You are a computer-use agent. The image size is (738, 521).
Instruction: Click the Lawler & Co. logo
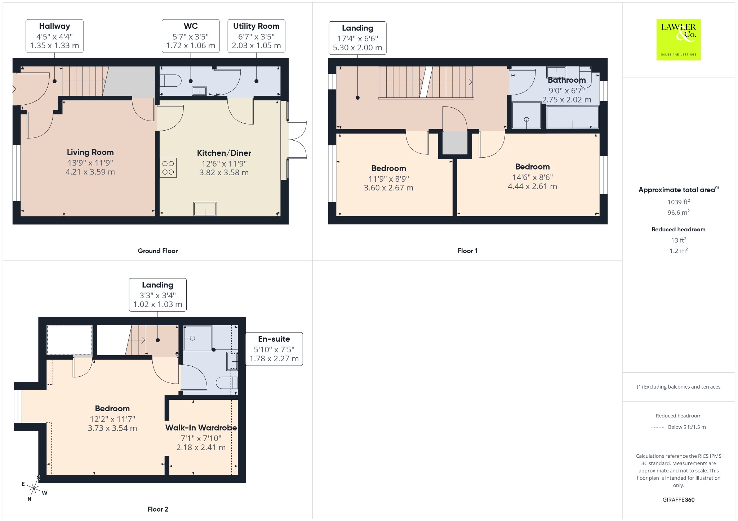pyautogui.click(x=679, y=40)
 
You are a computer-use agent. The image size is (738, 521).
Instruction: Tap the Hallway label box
pyautogui.click(x=54, y=36)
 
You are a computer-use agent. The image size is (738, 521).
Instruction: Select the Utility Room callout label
pyautogui.click(x=256, y=36)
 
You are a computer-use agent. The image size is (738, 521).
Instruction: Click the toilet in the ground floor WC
pyautogui.click(x=170, y=81)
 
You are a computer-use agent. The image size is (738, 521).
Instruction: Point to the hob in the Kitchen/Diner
pyautogui.click(x=168, y=168)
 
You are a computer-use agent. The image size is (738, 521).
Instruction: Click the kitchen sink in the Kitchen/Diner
pyautogui.click(x=205, y=209)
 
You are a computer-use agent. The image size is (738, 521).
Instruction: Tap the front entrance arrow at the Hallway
pyautogui.click(x=13, y=89)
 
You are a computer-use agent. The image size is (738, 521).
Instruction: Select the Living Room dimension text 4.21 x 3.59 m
pyautogui.click(x=90, y=172)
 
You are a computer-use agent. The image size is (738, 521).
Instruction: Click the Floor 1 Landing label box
pyautogui.click(x=357, y=38)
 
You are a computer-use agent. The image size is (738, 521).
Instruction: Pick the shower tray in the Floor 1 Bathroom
pyautogui.click(x=526, y=115)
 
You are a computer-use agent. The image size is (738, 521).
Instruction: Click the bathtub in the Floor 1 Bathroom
pyautogui.click(x=573, y=117)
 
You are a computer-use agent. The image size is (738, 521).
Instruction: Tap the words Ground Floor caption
pyautogui.click(x=158, y=251)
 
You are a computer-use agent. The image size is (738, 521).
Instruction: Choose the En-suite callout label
pyautogui.click(x=274, y=349)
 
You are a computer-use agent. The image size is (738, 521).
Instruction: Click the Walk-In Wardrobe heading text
pyautogui.click(x=201, y=428)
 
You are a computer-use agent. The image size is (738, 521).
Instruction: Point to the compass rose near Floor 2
pyautogui.click(x=34, y=488)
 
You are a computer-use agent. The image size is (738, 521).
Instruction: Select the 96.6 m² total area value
pyautogui.click(x=679, y=212)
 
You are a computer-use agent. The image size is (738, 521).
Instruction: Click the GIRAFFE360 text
pyautogui.click(x=679, y=499)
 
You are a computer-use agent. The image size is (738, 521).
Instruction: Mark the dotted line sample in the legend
pyautogui.click(x=658, y=427)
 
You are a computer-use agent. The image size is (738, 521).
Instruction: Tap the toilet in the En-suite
pyautogui.click(x=227, y=383)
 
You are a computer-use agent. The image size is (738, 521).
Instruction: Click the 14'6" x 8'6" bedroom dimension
pyautogui.click(x=533, y=177)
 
